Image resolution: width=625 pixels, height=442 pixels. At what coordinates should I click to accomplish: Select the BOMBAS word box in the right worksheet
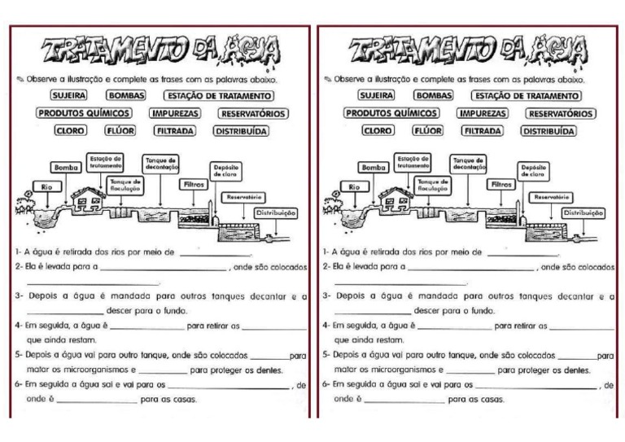[x=433, y=96]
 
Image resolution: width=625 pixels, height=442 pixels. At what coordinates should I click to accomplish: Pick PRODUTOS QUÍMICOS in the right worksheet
[x=392, y=114]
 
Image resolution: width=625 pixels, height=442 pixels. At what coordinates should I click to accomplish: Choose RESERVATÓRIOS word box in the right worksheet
[x=562, y=114]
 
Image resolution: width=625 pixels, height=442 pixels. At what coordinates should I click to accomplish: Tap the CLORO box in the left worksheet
[x=70, y=130]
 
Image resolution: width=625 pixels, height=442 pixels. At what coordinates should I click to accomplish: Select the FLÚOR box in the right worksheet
[x=428, y=130]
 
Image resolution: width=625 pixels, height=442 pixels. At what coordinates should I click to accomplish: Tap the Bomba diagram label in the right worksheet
[x=374, y=167]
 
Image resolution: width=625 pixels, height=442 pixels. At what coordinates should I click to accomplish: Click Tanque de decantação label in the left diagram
[x=161, y=163]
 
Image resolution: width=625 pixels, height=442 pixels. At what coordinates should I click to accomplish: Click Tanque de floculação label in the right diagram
[x=434, y=185]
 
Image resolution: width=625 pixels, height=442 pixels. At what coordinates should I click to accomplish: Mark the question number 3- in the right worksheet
[x=326, y=296]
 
